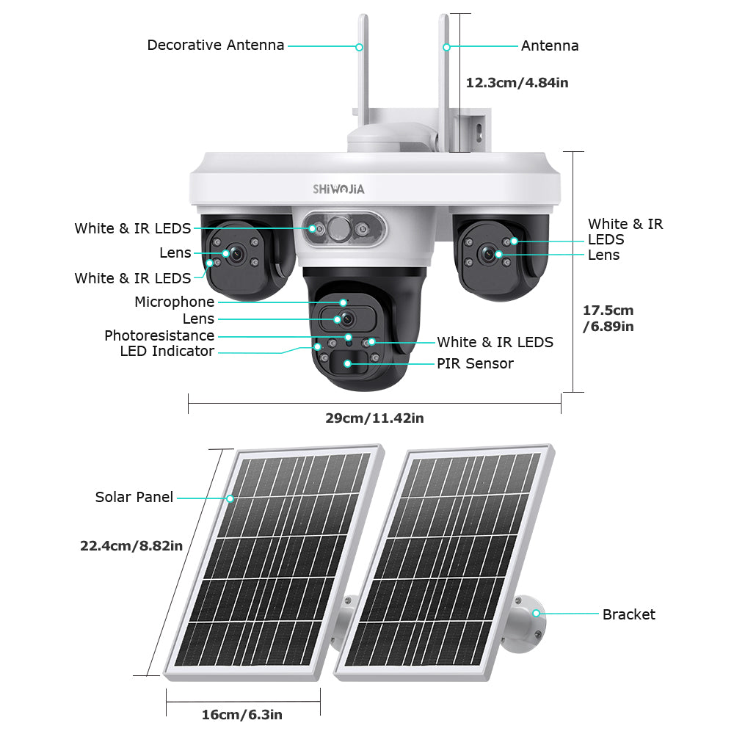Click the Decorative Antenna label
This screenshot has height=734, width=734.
(x=215, y=46)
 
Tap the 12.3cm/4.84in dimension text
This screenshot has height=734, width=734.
(x=517, y=83)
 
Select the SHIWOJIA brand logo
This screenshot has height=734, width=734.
(x=338, y=189)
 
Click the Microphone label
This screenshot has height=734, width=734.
(x=174, y=302)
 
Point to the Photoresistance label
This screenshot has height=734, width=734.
(x=159, y=336)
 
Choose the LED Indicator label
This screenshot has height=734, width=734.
(x=167, y=352)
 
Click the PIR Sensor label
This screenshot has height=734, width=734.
(x=475, y=364)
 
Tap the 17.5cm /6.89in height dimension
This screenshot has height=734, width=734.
(x=608, y=319)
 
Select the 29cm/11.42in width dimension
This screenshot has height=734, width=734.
(x=374, y=418)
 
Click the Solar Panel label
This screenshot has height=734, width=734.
(x=134, y=498)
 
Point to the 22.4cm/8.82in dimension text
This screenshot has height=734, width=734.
(x=131, y=545)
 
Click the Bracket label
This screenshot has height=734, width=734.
(x=628, y=615)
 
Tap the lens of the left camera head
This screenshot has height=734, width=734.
(x=237, y=252)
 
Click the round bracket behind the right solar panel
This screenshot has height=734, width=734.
(x=530, y=615)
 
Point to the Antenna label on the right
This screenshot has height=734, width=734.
(x=550, y=46)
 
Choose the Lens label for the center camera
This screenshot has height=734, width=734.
(x=198, y=319)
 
